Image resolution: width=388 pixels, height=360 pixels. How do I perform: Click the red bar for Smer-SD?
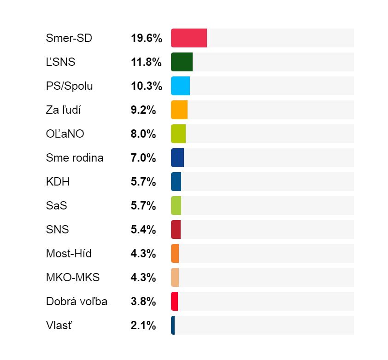189,38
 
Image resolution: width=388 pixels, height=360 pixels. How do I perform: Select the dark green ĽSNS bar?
182,62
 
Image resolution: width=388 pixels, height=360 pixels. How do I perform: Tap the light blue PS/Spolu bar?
180,86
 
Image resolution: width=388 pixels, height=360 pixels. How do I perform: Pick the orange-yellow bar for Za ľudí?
179,110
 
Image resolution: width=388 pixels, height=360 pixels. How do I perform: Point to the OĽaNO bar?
178,134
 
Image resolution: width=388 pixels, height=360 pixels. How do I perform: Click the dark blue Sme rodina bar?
177,157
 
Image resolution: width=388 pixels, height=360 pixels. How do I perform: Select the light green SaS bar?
176,205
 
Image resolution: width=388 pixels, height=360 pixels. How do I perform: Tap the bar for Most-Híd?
175,253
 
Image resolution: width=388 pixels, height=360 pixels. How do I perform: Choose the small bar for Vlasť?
173,325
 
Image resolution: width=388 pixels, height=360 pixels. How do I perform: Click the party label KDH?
58,182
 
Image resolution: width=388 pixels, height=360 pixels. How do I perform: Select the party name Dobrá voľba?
76,302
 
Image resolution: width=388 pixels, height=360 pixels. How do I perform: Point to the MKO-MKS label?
73,278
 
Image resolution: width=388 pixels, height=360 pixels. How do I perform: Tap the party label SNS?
58,230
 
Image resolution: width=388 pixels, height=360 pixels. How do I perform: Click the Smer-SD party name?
69,38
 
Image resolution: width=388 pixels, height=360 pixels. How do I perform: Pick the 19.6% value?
147,38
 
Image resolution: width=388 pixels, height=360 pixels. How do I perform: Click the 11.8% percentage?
146,62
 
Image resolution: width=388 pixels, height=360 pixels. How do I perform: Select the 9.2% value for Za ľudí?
143,110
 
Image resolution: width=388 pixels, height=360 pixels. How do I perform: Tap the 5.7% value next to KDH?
143,182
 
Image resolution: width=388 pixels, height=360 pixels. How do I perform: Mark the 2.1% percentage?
143,325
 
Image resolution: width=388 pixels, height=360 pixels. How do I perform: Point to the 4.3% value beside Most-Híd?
143,254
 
